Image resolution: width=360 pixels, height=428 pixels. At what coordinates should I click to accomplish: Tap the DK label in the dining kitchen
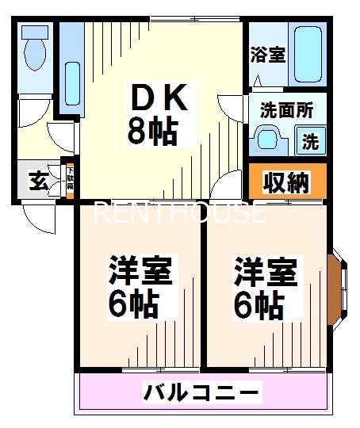pos(158,99)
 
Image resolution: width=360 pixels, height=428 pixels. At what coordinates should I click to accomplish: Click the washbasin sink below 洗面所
pos(266,139)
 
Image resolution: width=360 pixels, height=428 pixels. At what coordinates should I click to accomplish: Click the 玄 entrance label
pos(38,181)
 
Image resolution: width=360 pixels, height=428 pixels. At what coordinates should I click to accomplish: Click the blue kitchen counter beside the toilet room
pos(70,70)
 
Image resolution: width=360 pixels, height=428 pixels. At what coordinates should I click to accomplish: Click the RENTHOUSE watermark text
pos(180,212)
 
